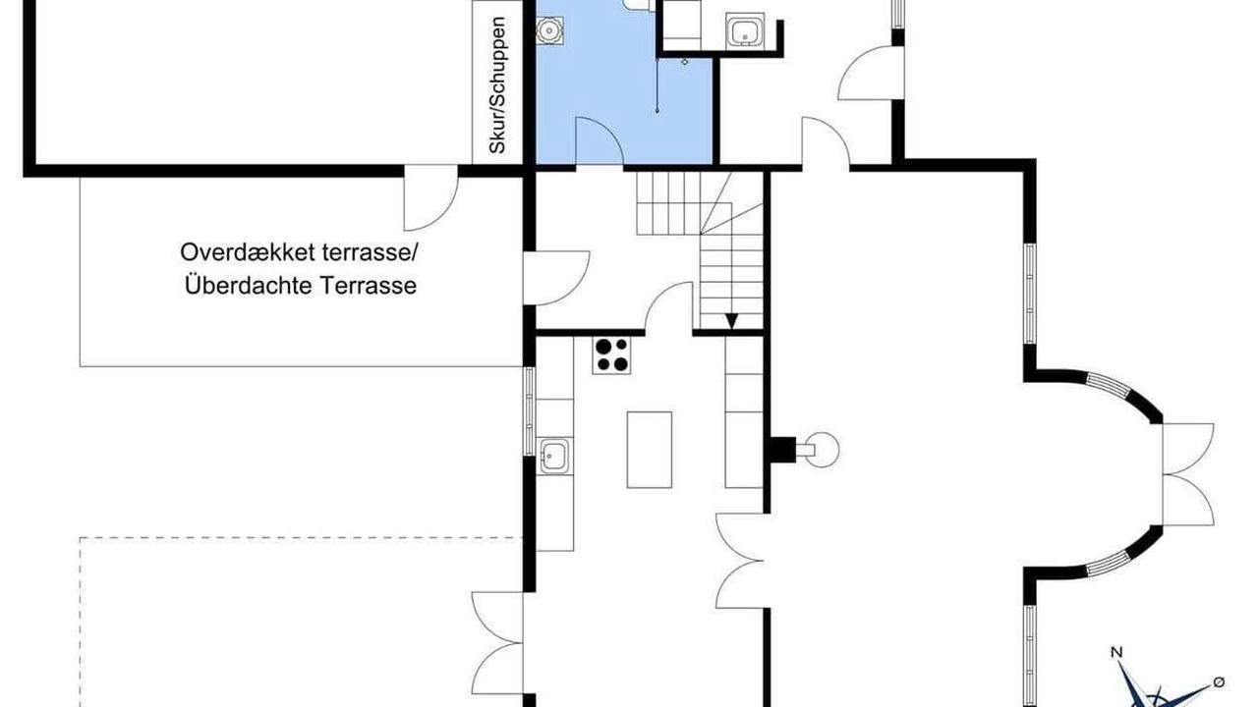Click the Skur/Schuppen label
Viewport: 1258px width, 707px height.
(x=497, y=85)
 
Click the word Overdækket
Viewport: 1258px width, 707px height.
(x=247, y=252)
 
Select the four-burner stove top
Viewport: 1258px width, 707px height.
(x=611, y=355)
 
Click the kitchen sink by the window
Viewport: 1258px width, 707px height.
(x=554, y=456)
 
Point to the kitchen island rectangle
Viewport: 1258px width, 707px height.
(x=650, y=450)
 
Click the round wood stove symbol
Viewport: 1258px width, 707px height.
(x=821, y=450)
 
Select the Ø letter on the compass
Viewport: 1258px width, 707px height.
(x=1219, y=682)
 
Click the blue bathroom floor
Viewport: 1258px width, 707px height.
(x=623, y=84)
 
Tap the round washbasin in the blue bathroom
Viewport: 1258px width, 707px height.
(x=549, y=29)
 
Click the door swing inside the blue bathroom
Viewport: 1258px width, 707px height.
(x=600, y=141)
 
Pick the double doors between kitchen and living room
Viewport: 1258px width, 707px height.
(x=740, y=561)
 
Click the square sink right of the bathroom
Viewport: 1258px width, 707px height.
(x=745, y=30)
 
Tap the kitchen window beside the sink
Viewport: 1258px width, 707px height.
(x=529, y=411)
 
